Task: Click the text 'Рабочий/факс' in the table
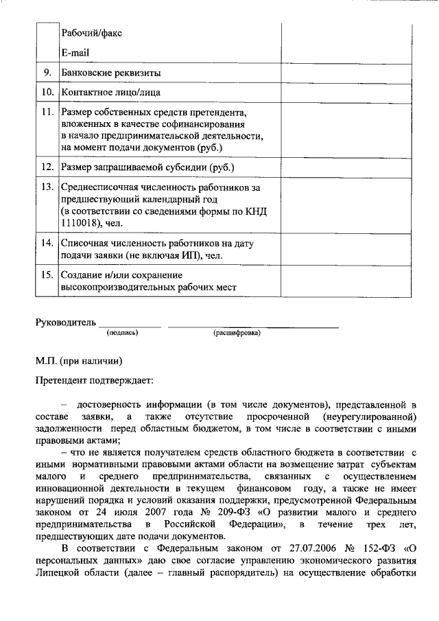(92, 33)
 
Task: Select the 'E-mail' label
(75, 52)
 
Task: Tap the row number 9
(47, 73)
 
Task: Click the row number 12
(47, 167)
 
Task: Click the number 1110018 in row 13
(81, 223)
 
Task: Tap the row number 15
(47, 275)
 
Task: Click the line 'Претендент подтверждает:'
(95, 379)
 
